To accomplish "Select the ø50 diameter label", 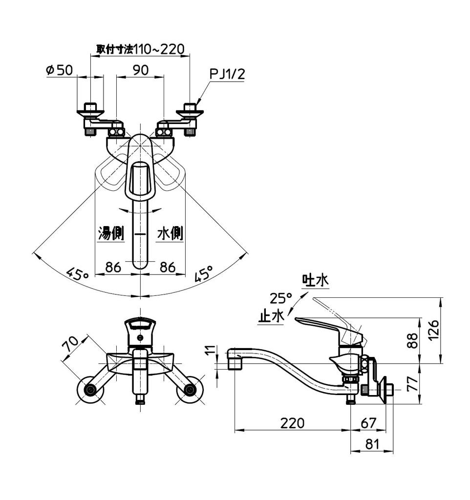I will pyautogui.click(x=59, y=70).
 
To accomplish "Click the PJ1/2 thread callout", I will pyautogui.click(x=227, y=74).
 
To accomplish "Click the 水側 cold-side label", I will pyautogui.click(x=170, y=233).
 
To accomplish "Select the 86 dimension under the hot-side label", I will pyautogui.click(x=113, y=267).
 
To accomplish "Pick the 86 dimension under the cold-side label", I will pyautogui.click(x=168, y=267).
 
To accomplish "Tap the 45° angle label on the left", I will pyautogui.click(x=76, y=274).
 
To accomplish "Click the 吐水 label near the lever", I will pyautogui.click(x=315, y=281).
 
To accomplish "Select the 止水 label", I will pyautogui.click(x=271, y=316).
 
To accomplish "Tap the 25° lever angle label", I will pyautogui.click(x=280, y=298).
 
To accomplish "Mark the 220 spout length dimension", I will pyautogui.click(x=292, y=423).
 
